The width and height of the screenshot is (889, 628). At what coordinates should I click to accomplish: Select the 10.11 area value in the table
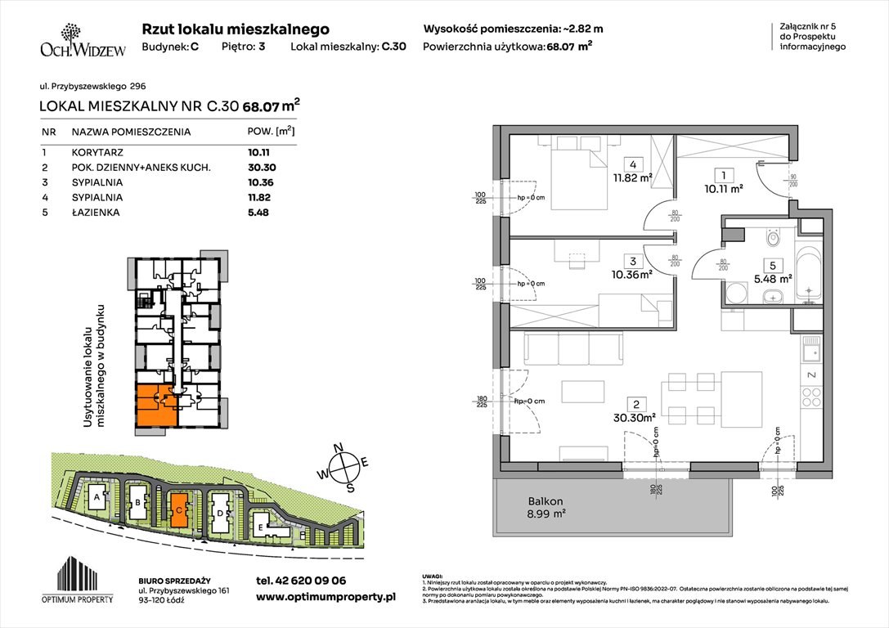pos(258,151)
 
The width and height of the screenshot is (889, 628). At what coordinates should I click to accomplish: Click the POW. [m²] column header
pos(271,131)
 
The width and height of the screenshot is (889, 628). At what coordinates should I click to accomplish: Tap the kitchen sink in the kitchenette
pos(811,354)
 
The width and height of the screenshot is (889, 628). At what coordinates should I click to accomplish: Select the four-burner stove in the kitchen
pos(810,399)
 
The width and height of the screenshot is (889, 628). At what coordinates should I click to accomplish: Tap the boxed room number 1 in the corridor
pos(721,174)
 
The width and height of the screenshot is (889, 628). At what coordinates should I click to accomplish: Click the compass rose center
pos(348,465)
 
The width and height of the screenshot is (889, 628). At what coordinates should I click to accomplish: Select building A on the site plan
pos(97,497)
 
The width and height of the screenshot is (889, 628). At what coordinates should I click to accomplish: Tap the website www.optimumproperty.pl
pos(326,598)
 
